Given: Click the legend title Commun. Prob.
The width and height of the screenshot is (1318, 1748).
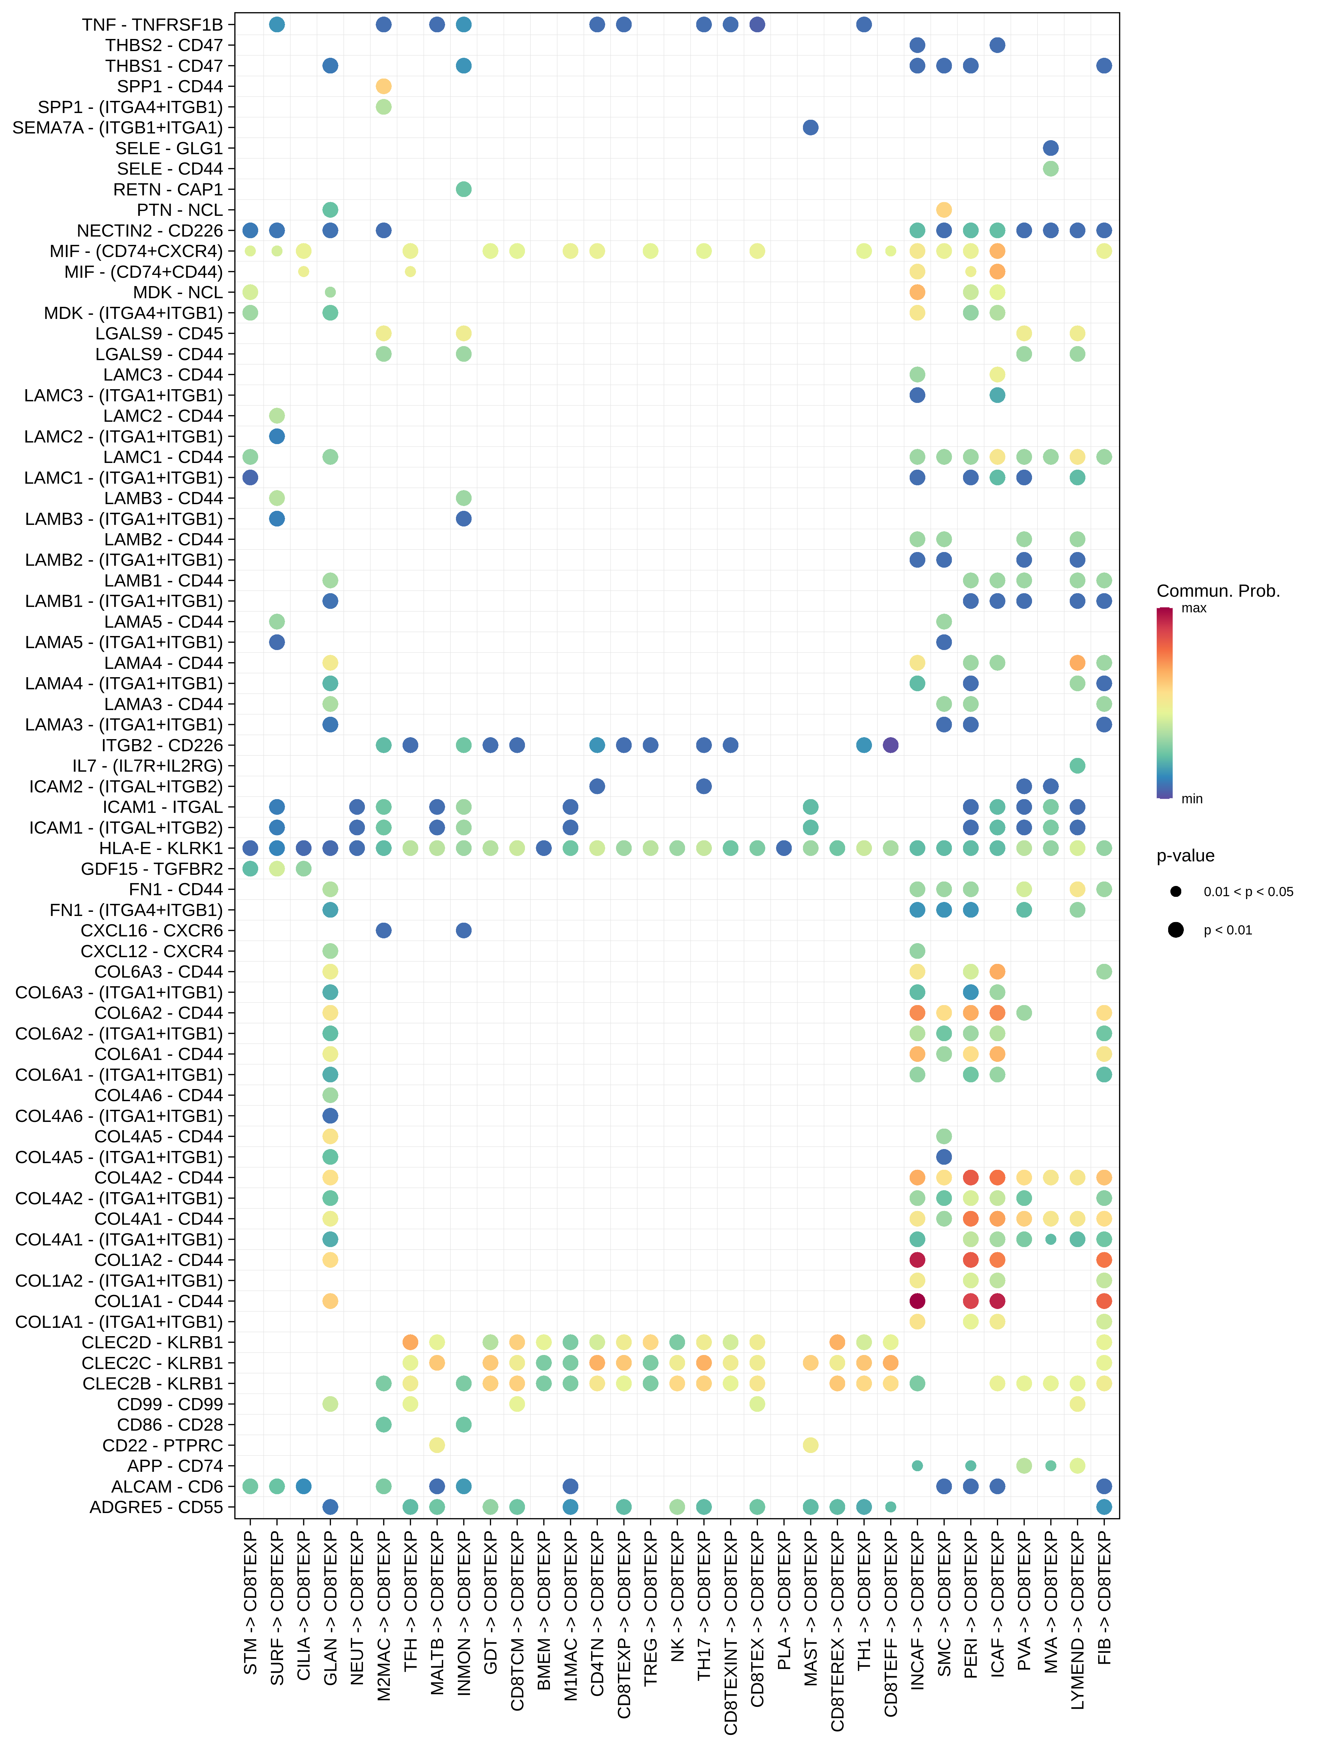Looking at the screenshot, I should coord(1218,591).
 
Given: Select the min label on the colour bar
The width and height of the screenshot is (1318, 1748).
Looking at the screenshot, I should coord(1191,799).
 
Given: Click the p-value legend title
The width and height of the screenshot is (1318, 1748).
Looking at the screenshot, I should coord(1185,856).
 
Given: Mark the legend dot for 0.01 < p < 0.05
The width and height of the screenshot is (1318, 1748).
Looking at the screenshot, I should coord(1176,891).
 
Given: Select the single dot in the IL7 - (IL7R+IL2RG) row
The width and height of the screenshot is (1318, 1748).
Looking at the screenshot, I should coord(1077,766).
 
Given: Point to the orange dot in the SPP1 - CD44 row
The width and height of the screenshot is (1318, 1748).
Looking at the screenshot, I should coord(383,86).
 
